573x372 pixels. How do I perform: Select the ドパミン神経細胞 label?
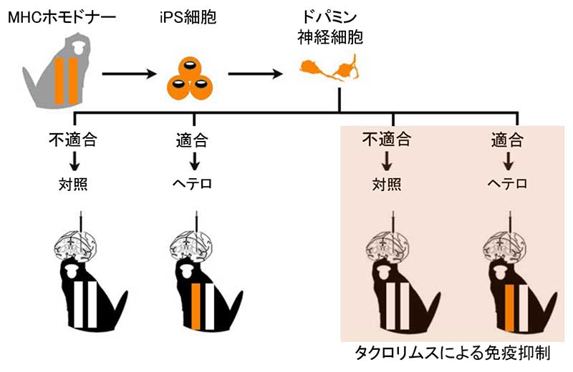point(330,26)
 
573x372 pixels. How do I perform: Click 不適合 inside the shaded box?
point(387,137)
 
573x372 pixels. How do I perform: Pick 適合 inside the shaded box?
point(508,137)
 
